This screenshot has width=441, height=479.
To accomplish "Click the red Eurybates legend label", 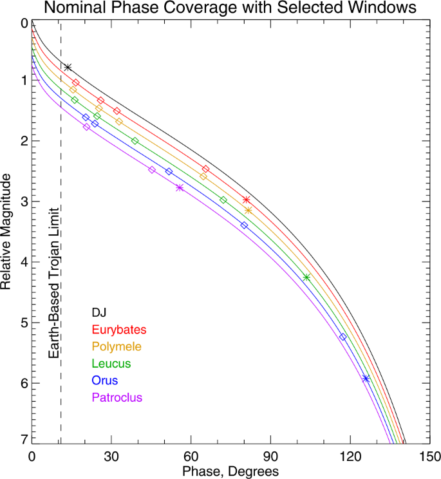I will pos(119,330).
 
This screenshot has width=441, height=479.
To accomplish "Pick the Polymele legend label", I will pos(117,346).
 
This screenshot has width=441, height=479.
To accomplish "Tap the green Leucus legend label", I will pos(111,364).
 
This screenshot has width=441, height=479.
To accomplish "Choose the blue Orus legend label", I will pos(105,380).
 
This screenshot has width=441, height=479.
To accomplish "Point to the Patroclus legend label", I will pos(117,397).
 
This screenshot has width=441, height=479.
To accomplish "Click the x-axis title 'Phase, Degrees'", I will pos(230,471).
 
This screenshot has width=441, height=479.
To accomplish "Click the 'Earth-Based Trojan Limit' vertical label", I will pos(54,283).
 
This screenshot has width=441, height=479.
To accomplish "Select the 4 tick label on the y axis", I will pos(24,262).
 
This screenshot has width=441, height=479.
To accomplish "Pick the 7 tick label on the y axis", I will pos(24,439).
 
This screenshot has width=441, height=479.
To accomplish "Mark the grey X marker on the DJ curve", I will pos(68,68).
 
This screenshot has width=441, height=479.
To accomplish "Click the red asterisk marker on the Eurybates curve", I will pos(245,200).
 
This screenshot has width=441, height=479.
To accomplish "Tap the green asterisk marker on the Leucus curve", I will pos(306,277).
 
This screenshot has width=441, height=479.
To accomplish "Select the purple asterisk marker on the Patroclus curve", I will pos(179,188).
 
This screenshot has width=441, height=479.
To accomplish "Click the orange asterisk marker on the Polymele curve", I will pos(249,211).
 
